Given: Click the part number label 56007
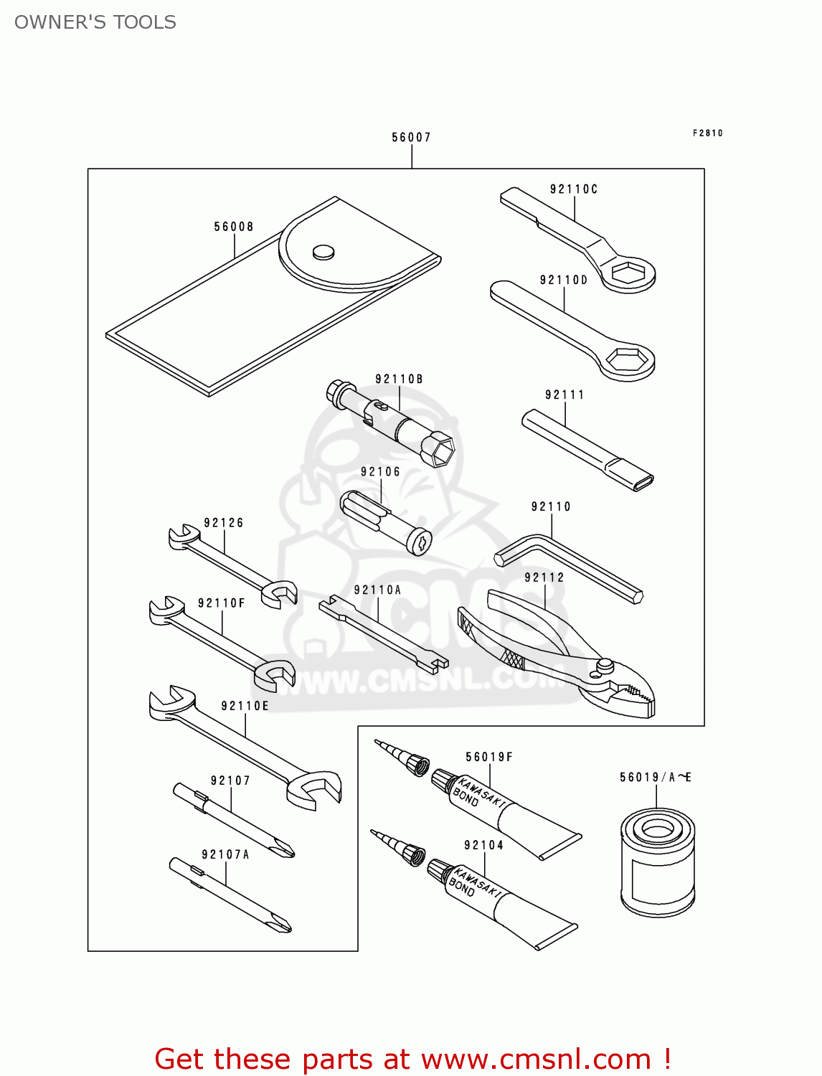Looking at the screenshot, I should click(x=411, y=137).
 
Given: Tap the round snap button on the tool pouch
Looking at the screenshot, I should click(x=323, y=251).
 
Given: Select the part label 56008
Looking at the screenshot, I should click(x=234, y=227).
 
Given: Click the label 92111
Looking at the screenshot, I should click(x=564, y=395).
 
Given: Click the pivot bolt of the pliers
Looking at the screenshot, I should click(x=603, y=667).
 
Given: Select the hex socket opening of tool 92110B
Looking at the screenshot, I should click(x=438, y=450).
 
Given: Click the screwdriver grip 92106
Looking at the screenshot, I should click(x=384, y=519).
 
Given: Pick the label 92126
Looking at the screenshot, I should click(x=224, y=523).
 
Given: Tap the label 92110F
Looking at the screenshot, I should click(x=222, y=603).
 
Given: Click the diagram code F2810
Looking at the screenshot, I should click(x=707, y=133).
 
